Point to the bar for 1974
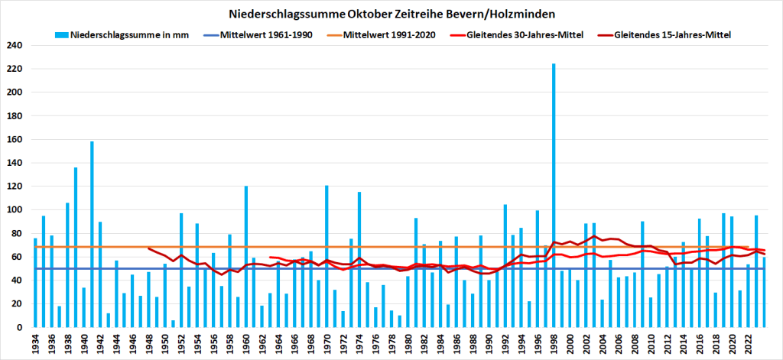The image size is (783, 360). [359, 259]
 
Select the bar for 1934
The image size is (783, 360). [35, 282]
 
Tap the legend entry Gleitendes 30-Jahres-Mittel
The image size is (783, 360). [519, 35]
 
